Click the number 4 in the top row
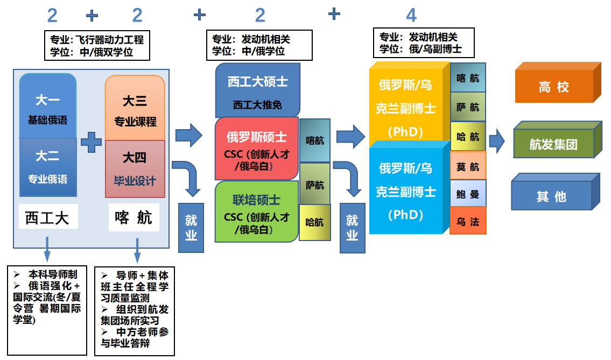(411, 16)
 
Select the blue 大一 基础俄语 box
(48, 108)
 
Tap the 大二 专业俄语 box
(48, 167)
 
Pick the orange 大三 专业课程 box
(135, 110)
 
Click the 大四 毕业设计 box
(135, 168)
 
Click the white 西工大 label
(47, 218)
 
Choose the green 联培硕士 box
(257, 211)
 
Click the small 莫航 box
(468, 167)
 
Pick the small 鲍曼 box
(468, 194)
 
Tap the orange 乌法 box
(468, 221)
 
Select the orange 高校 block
(554, 87)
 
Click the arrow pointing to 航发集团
(496, 142)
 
